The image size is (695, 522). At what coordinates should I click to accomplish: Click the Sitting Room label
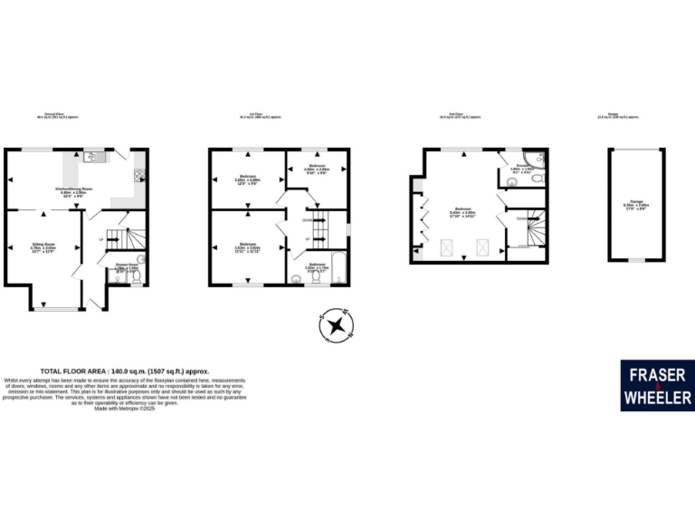click(44, 246)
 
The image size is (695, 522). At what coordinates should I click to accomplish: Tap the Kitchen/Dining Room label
click(72, 192)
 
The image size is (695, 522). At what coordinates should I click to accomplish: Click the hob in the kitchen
click(138, 174)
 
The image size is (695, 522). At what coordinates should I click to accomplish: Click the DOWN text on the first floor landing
click(308, 220)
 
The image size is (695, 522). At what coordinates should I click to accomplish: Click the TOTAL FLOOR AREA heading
click(124, 372)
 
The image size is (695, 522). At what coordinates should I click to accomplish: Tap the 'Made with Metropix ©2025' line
click(125, 408)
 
